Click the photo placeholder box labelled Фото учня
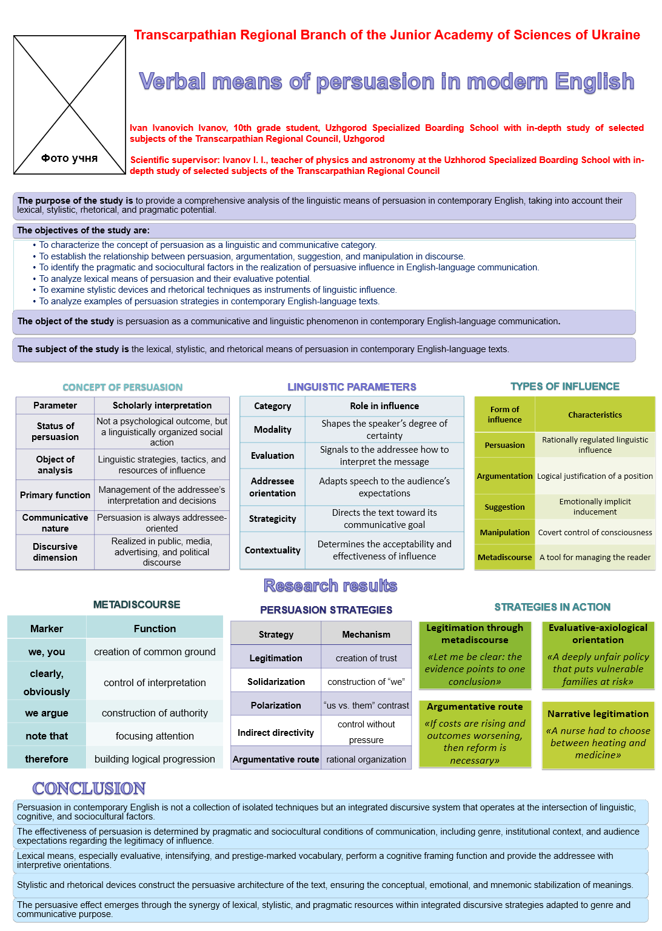[x=70, y=105]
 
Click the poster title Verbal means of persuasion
[x=386, y=81]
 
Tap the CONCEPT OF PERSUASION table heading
[x=122, y=387]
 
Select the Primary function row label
[x=55, y=495]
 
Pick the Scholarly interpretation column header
[x=162, y=405]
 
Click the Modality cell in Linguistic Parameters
[x=273, y=430]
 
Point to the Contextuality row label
[x=273, y=550]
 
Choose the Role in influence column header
[x=384, y=406]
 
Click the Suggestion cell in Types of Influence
[x=504, y=507]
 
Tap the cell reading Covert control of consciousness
[x=595, y=533]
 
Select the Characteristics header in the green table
[x=595, y=415]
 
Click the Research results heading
[x=330, y=586]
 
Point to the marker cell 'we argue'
[x=47, y=713]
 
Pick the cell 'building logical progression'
[x=155, y=759]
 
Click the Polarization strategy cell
[x=276, y=706]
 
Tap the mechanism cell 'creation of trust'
[x=366, y=658]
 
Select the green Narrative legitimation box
[x=598, y=734]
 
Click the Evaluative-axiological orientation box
[x=598, y=655]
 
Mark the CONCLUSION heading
[x=89, y=788]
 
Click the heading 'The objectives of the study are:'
[x=84, y=230]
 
